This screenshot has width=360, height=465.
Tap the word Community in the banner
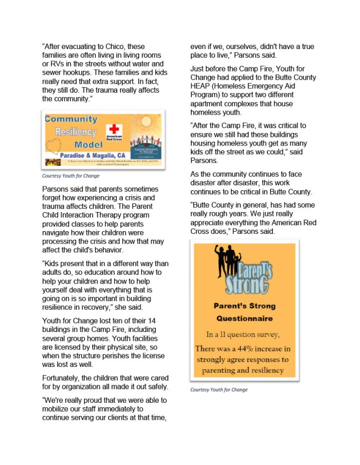tap(71, 119)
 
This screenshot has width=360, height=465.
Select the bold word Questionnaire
tap(244, 318)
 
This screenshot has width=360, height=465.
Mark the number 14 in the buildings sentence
tap(158, 321)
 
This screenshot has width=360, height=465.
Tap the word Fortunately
tap(64, 378)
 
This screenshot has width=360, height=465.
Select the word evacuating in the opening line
tap(81, 47)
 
